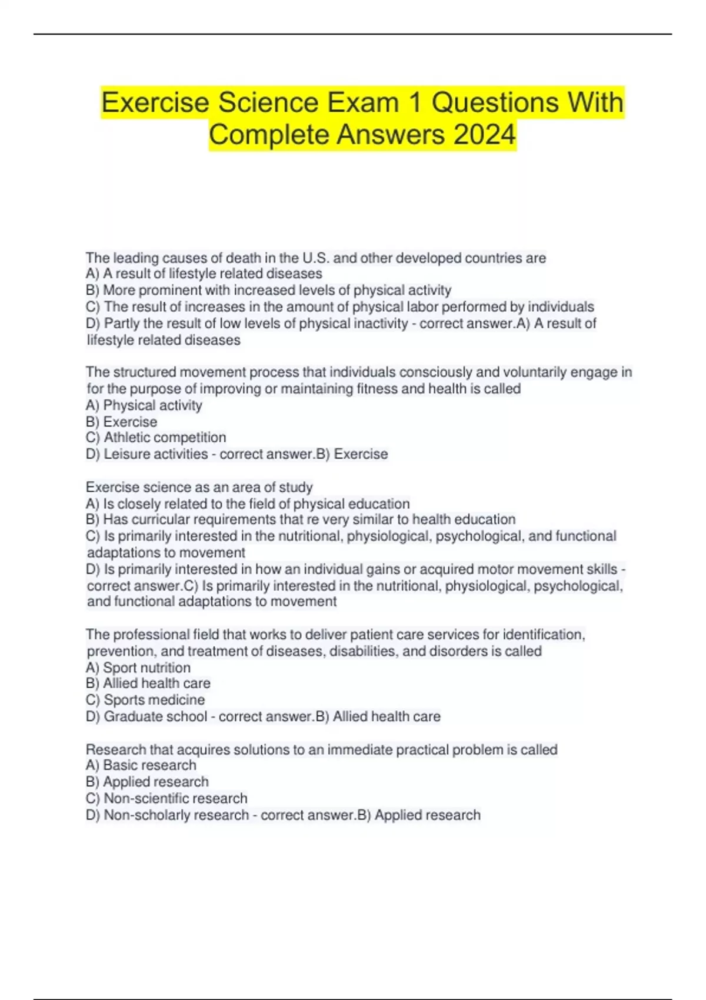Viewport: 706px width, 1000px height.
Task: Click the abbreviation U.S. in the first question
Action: (316, 258)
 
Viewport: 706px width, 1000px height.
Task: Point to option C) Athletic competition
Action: (156, 437)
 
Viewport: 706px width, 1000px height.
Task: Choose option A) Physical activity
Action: (144, 405)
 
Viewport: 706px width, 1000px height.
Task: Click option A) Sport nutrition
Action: (138, 667)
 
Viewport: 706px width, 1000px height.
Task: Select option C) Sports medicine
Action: (145, 699)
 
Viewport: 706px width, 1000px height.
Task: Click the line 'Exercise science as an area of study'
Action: (199, 487)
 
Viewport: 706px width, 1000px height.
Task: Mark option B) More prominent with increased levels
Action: (268, 290)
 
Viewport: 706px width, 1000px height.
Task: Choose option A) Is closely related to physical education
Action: (248, 504)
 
